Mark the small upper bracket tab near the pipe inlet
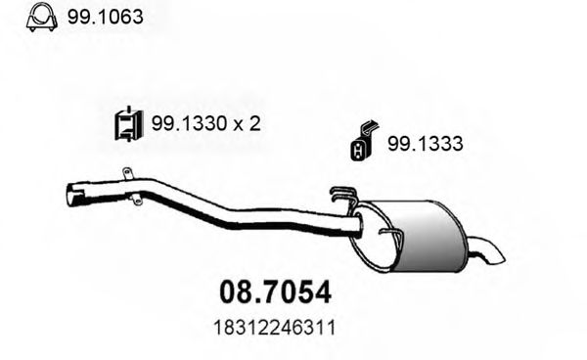click(125, 174)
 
